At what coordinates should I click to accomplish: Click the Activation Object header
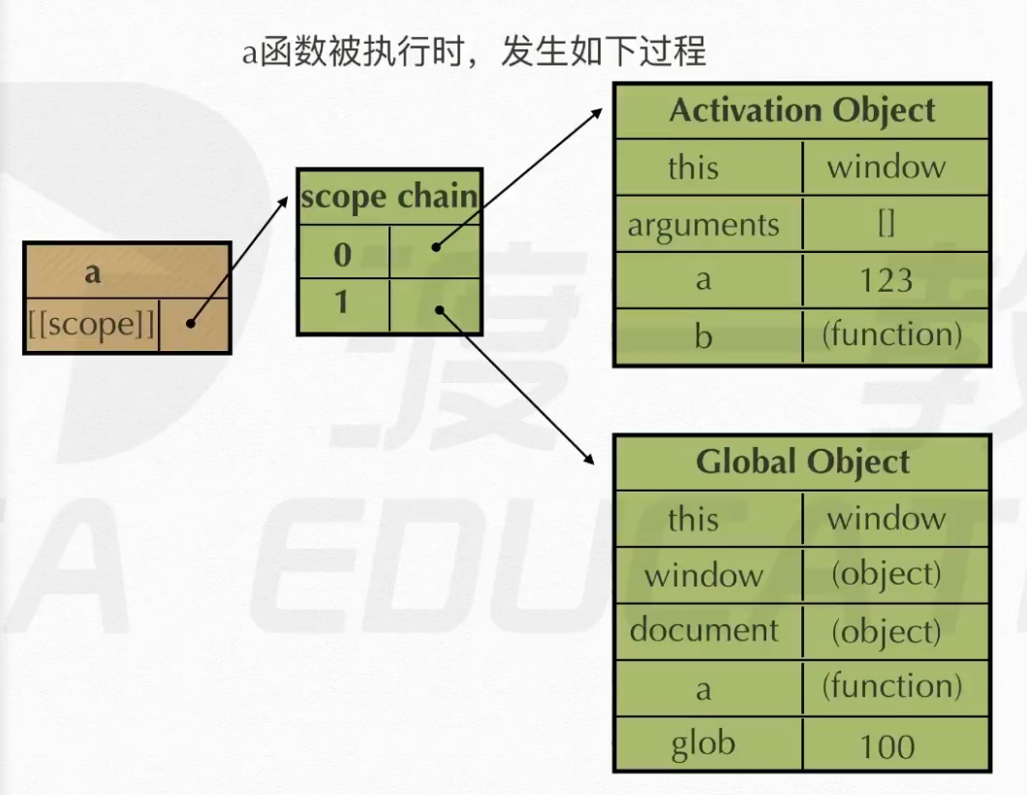tap(802, 111)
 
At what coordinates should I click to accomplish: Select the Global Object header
tap(802, 461)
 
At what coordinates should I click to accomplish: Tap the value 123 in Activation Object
tap(887, 280)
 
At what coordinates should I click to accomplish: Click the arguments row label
tap(703, 226)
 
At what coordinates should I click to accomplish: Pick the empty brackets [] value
tap(887, 224)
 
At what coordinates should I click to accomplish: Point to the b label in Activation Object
tap(702, 336)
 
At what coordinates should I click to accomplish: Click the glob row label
tap(703, 746)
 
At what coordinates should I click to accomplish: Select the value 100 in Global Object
tap(887, 747)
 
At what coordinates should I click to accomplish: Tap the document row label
tap(704, 630)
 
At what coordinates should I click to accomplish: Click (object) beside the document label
tap(887, 632)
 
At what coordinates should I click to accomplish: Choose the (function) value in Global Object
tap(892, 687)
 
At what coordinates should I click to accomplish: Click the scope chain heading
tap(389, 197)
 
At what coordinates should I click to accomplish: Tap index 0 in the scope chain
tap(342, 254)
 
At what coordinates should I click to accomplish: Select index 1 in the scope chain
tap(341, 302)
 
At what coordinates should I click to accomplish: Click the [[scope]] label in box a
tap(92, 325)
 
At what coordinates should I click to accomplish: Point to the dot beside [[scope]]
tap(190, 323)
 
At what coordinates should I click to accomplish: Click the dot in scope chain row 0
tap(436, 247)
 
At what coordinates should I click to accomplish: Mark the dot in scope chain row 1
tap(440, 309)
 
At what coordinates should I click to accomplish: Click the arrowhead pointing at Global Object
tap(589, 459)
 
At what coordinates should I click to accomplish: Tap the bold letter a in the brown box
tap(93, 272)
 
